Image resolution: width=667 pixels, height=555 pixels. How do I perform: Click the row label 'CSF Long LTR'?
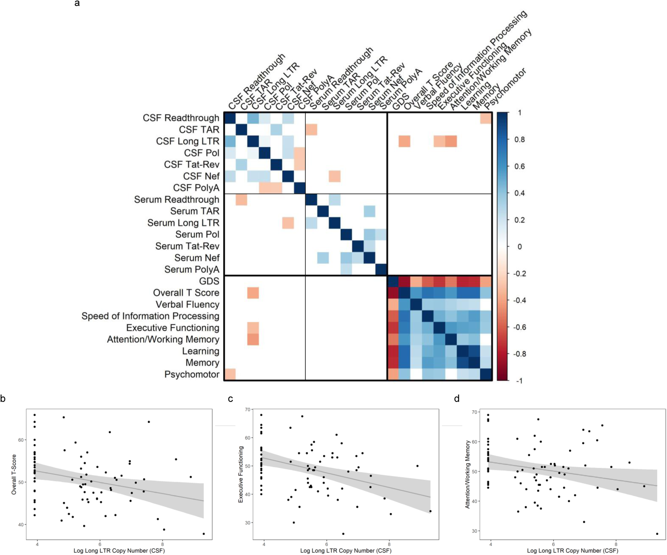pos(187,141)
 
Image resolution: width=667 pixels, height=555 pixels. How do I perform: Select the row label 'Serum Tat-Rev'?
pos(187,246)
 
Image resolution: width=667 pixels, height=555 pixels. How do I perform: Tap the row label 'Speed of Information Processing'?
pos(150,316)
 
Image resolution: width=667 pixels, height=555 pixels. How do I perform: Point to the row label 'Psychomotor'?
pos(192,374)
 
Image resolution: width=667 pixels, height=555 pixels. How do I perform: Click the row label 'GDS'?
pos(209,281)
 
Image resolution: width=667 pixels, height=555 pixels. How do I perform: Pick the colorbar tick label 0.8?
pos(519,140)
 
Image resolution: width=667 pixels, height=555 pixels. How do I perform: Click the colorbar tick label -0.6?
pos(519,327)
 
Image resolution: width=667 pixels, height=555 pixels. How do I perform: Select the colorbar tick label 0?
pos(519,247)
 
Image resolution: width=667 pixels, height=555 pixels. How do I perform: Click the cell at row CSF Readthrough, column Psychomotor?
pos(486,118)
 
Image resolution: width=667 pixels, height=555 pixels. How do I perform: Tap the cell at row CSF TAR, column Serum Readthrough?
pos(311,130)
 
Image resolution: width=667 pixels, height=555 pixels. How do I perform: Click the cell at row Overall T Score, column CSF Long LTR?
pos(253,293)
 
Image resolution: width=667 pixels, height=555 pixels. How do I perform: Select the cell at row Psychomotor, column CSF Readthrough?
pos(230,374)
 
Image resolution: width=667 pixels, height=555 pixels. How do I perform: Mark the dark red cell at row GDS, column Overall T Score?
pos(404,281)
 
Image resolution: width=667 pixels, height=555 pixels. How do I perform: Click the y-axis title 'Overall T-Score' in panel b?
pos(14,474)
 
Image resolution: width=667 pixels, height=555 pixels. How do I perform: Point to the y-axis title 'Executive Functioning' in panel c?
pos(240,474)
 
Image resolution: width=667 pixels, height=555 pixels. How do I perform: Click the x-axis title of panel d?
pos(572,551)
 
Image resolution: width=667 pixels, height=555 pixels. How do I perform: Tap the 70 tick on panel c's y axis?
pos(247,409)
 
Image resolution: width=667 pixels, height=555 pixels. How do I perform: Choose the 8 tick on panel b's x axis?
pos(162,544)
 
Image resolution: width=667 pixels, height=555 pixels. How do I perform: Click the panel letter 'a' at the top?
pos(77,4)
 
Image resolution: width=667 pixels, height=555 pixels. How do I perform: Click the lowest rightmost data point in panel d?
pos(657,534)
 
